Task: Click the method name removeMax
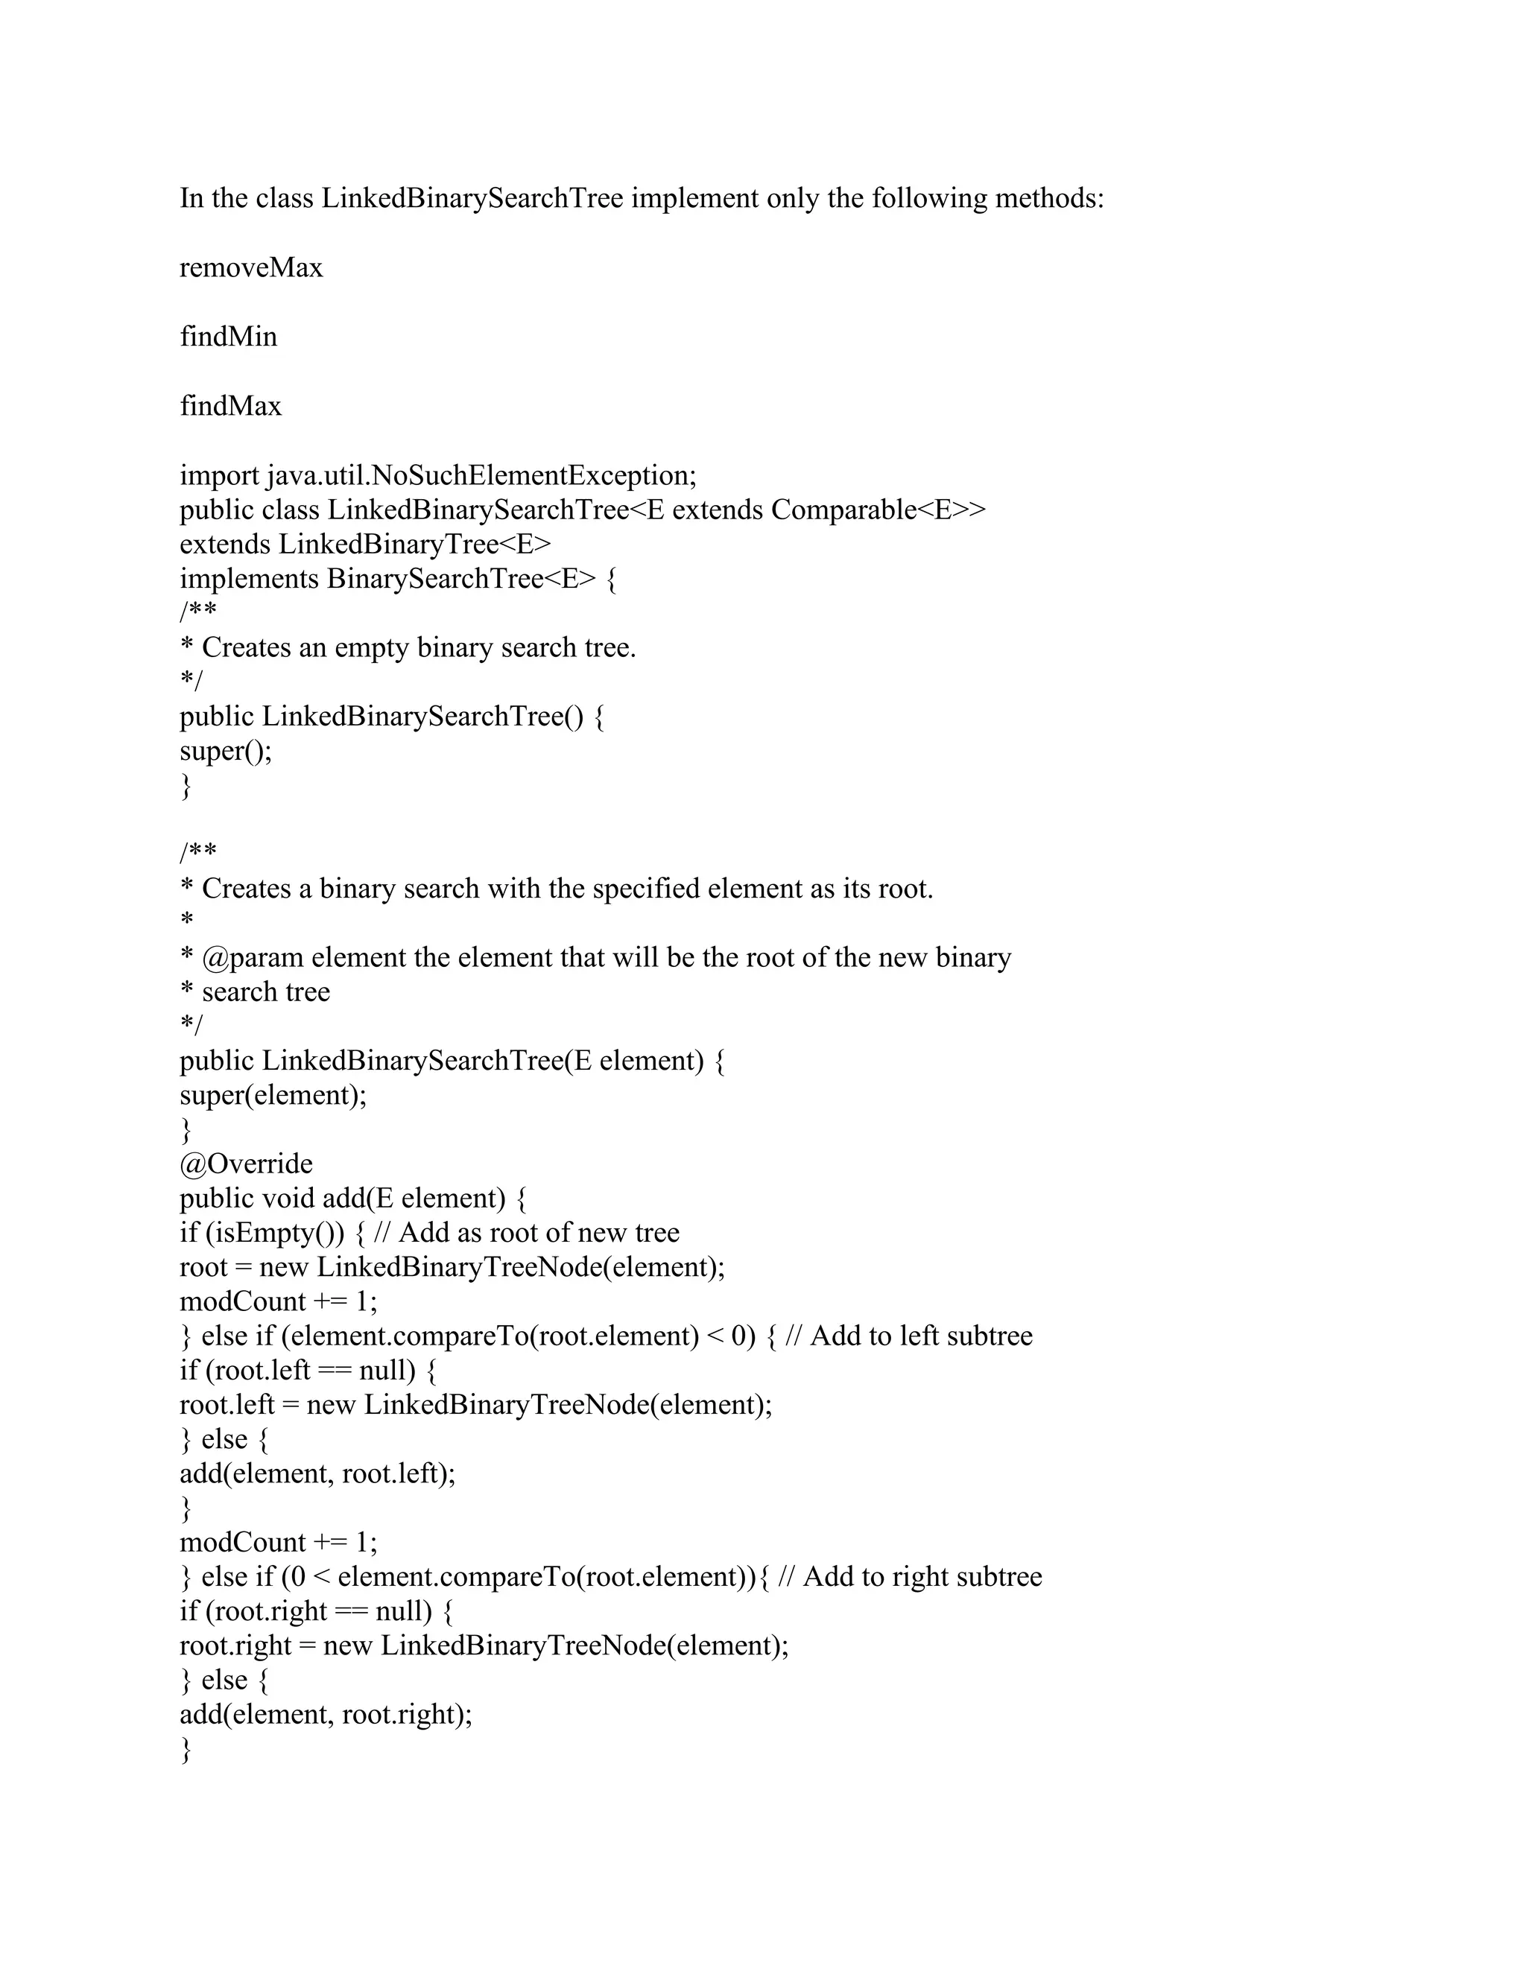coord(250,267)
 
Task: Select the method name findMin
coord(228,336)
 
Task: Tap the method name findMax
coord(230,406)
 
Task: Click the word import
coord(219,475)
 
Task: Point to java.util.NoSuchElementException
coord(481,475)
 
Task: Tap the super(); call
coord(225,750)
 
